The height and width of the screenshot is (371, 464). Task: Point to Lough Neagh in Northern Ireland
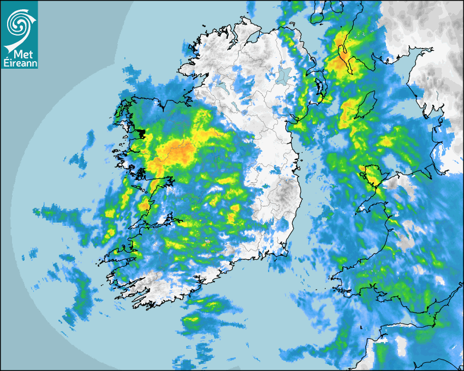pyautogui.click(x=283, y=75)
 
